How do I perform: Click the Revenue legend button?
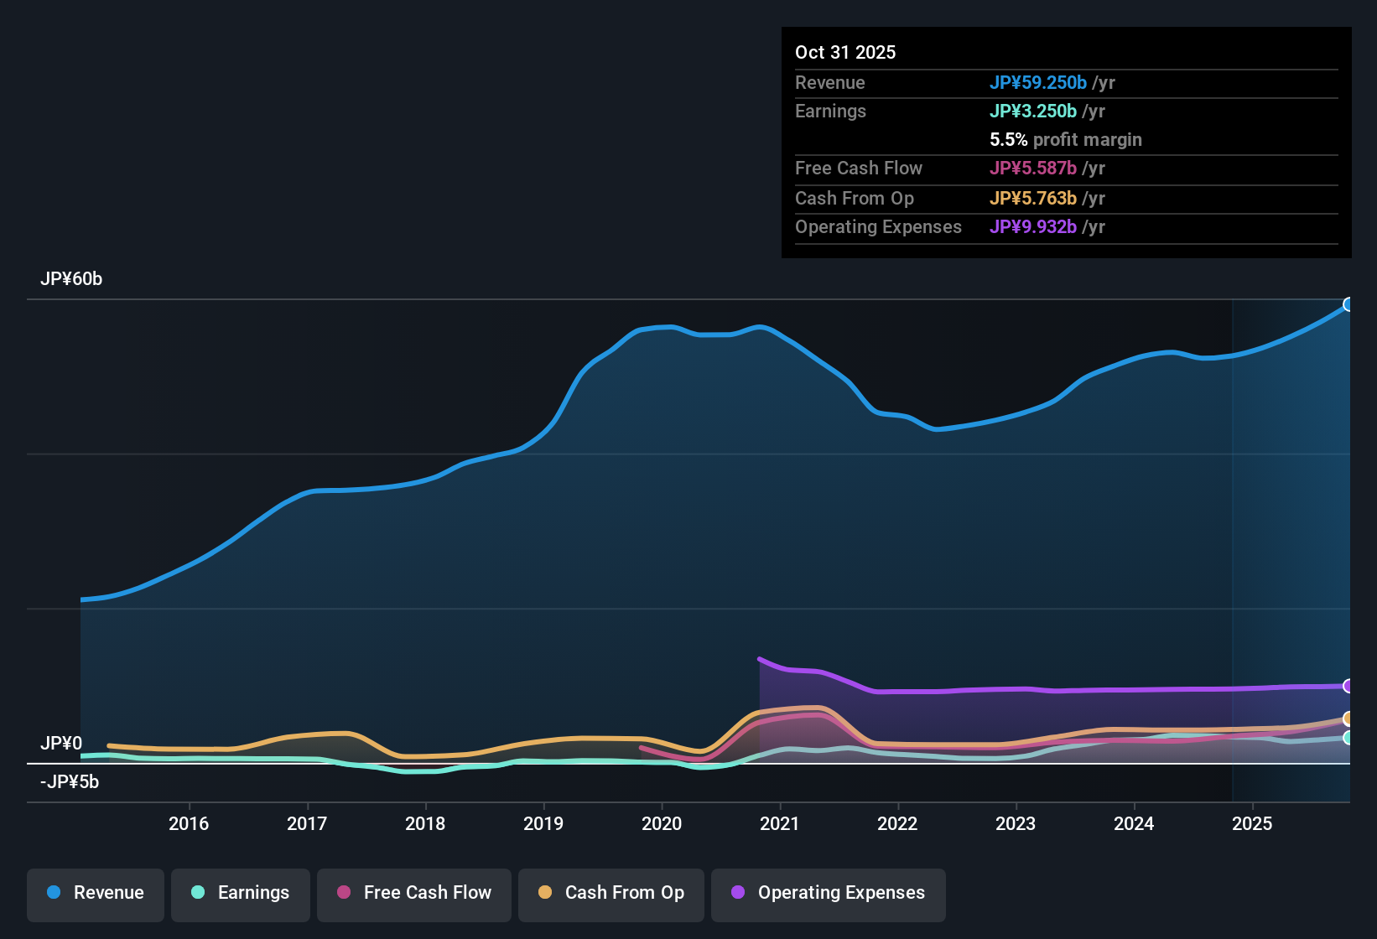pyautogui.click(x=96, y=893)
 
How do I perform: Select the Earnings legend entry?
pyautogui.click(x=241, y=893)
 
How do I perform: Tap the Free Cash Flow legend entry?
pyautogui.click(x=414, y=893)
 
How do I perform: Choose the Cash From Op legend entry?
pyautogui.click(x=611, y=893)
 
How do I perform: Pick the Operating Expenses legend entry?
pyautogui.click(x=829, y=893)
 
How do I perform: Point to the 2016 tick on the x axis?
pyautogui.click(x=189, y=823)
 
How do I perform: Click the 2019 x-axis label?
pyautogui.click(x=543, y=823)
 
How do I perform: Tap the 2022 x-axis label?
pyautogui.click(x=897, y=823)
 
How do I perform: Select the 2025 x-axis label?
pyautogui.click(x=1252, y=823)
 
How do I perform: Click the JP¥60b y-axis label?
pyautogui.click(x=71, y=279)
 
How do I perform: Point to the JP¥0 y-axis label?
pyautogui.click(x=61, y=744)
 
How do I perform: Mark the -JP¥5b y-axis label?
pyautogui.click(x=70, y=782)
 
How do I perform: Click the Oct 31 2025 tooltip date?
pyautogui.click(x=845, y=53)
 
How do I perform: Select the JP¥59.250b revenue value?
pyautogui.click(x=1037, y=83)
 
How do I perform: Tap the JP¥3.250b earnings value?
pyautogui.click(x=1032, y=112)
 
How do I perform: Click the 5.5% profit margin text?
pyautogui.click(x=1065, y=140)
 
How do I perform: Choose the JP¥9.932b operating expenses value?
pyautogui.click(x=1032, y=227)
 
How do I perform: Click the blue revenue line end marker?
pyautogui.click(x=1348, y=304)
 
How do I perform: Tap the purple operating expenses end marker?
pyautogui.click(x=1348, y=686)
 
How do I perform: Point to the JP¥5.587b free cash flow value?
pyautogui.click(x=1032, y=169)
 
